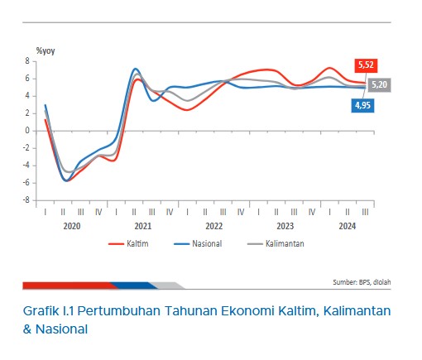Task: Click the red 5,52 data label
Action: click(x=366, y=65)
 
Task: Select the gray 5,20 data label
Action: click(x=379, y=84)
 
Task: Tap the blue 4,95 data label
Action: click(x=362, y=105)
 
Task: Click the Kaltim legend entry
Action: click(x=128, y=243)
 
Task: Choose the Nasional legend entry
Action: click(x=198, y=243)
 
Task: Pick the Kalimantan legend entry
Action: click(x=276, y=243)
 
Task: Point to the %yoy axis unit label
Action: click(x=46, y=51)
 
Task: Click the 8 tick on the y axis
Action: click(x=27, y=61)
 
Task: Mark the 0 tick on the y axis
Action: click(x=27, y=131)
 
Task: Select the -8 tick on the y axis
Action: click(x=26, y=200)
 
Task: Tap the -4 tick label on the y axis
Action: click(x=26, y=166)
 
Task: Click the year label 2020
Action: click(x=72, y=226)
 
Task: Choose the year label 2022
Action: click(x=213, y=226)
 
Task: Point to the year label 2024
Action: click(x=348, y=226)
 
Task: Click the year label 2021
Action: click(x=143, y=226)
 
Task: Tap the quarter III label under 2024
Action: click(x=365, y=212)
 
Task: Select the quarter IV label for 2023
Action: click(x=312, y=212)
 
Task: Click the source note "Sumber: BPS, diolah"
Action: click(x=362, y=282)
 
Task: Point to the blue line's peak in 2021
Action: click(x=135, y=69)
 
